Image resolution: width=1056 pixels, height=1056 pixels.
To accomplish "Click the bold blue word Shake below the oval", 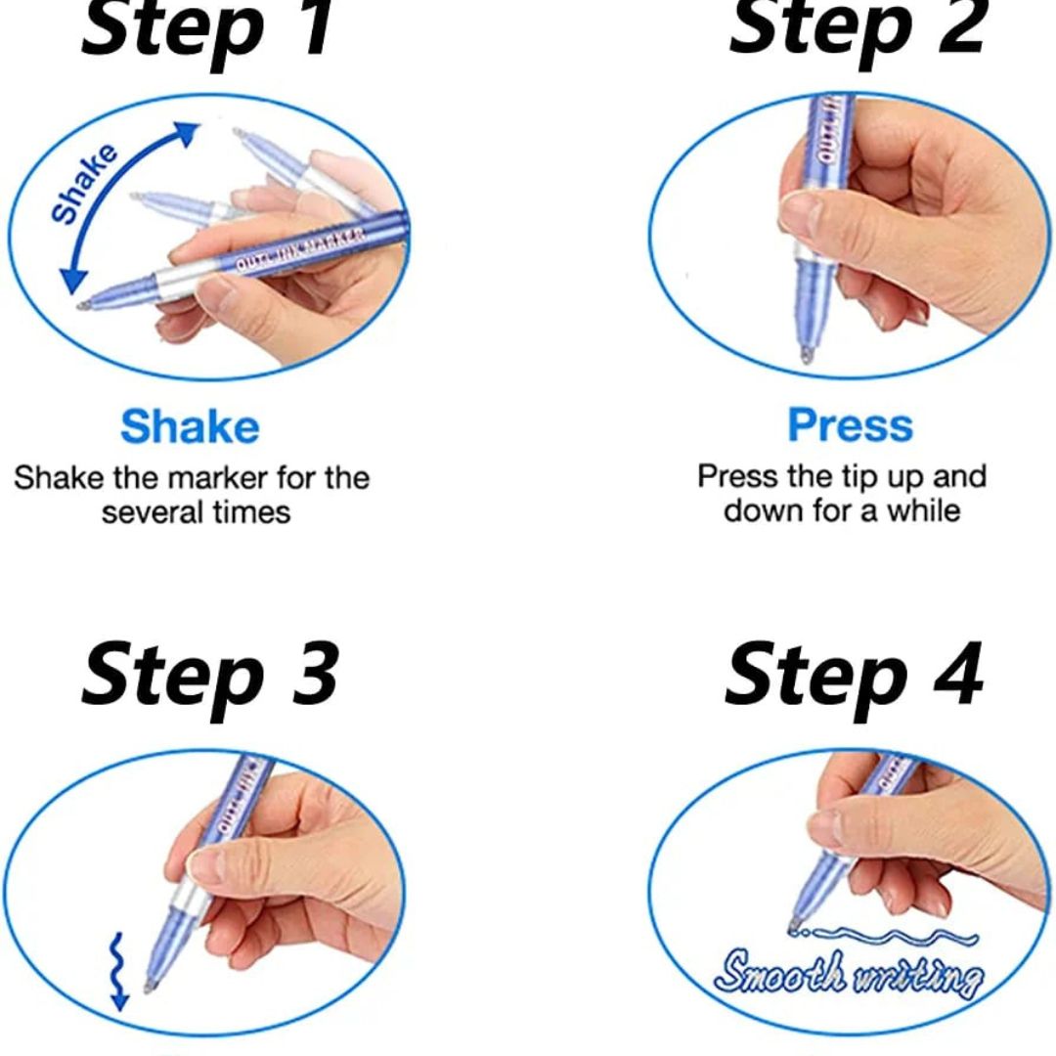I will click(x=190, y=427).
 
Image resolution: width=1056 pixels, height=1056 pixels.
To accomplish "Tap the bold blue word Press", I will click(x=850, y=425).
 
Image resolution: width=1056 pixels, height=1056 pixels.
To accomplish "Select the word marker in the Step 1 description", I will click(x=218, y=479).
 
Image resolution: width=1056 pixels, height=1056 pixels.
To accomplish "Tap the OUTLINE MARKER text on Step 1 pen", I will click(x=301, y=249).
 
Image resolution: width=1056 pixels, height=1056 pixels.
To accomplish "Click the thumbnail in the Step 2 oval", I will click(x=801, y=212).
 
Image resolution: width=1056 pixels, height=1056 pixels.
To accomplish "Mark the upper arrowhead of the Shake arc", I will click(x=188, y=132).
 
